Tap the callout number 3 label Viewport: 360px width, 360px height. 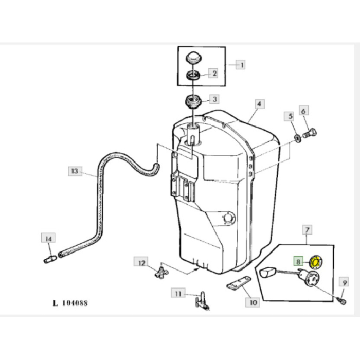pyautogui.click(x=213, y=99)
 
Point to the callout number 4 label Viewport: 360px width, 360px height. pyautogui.click(x=260, y=104)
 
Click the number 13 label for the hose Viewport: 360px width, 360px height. pyautogui.click(x=75, y=171)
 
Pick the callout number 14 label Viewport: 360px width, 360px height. pyautogui.click(x=48, y=239)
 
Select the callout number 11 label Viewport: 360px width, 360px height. pyautogui.click(x=178, y=294)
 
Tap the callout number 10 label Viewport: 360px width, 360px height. pyautogui.click(x=253, y=302)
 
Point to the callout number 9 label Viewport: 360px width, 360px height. pyautogui.click(x=344, y=282)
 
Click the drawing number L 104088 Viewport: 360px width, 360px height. pyautogui.click(x=70, y=303)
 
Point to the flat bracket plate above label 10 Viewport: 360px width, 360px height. pyautogui.click(x=238, y=283)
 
